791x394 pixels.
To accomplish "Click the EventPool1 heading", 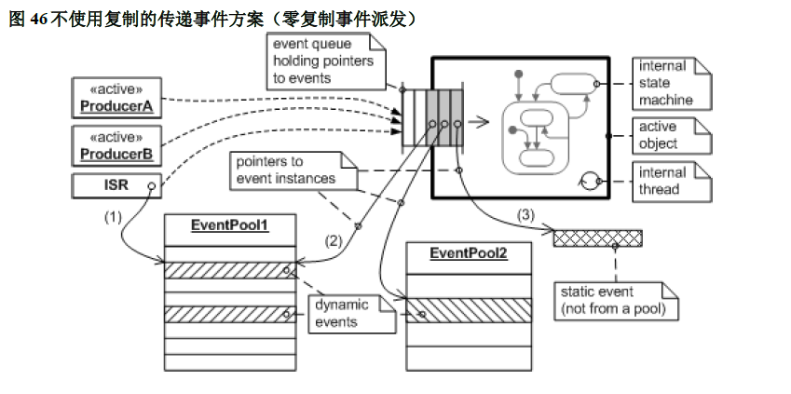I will click(229, 225).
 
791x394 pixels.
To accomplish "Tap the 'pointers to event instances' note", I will click(286, 169).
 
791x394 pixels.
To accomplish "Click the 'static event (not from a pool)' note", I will click(614, 299).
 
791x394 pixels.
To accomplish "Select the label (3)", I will click(526, 215).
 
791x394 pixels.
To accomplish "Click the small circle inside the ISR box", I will click(149, 185).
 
